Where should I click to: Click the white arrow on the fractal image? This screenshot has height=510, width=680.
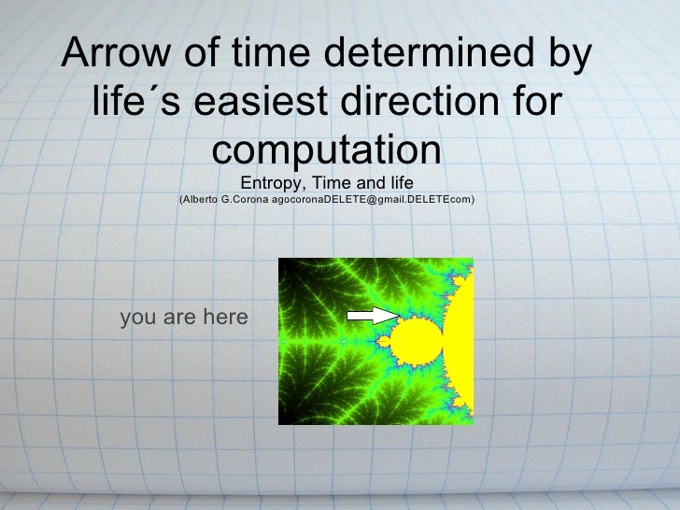tap(379, 316)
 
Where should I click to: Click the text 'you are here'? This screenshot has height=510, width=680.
tap(184, 319)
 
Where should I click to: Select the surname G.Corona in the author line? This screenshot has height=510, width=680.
tap(244, 200)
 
